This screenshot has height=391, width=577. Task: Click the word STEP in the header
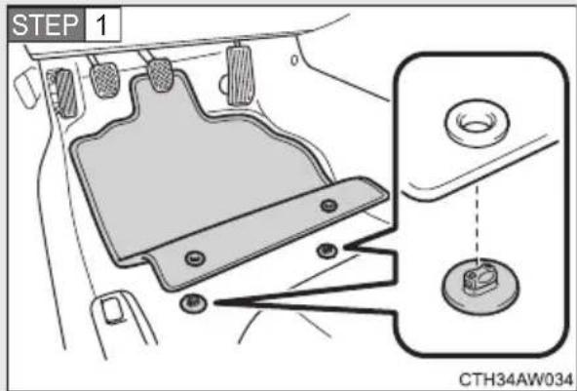(x=45, y=24)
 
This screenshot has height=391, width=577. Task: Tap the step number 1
(x=101, y=25)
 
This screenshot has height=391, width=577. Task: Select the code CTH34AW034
(x=516, y=379)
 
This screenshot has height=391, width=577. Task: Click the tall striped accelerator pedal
(x=241, y=75)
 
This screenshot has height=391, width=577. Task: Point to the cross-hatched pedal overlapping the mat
(x=160, y=75)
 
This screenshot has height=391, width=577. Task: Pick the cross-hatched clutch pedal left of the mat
(x=105, y=80)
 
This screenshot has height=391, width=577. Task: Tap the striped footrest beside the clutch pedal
(x=65, y=94)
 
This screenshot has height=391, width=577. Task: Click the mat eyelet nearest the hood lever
(x=195, y=258)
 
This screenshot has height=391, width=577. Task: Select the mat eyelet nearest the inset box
(x=328, y=205)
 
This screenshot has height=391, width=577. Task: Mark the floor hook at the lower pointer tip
(x=193, y=304)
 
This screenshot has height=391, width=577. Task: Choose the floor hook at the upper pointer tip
(x=327, y=252)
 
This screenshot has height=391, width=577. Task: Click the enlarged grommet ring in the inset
(x=477, y=124)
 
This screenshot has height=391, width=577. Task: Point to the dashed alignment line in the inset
(x=478, y=224)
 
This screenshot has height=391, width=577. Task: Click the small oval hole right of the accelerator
(x=294, y=59)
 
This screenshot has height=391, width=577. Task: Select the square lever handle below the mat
(x=113, y=310)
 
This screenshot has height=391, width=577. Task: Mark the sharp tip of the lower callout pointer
(x=214, y=303)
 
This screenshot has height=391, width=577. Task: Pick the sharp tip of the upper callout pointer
(x=345, y=248)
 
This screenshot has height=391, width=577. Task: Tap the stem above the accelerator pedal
(x=238, y=42)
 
